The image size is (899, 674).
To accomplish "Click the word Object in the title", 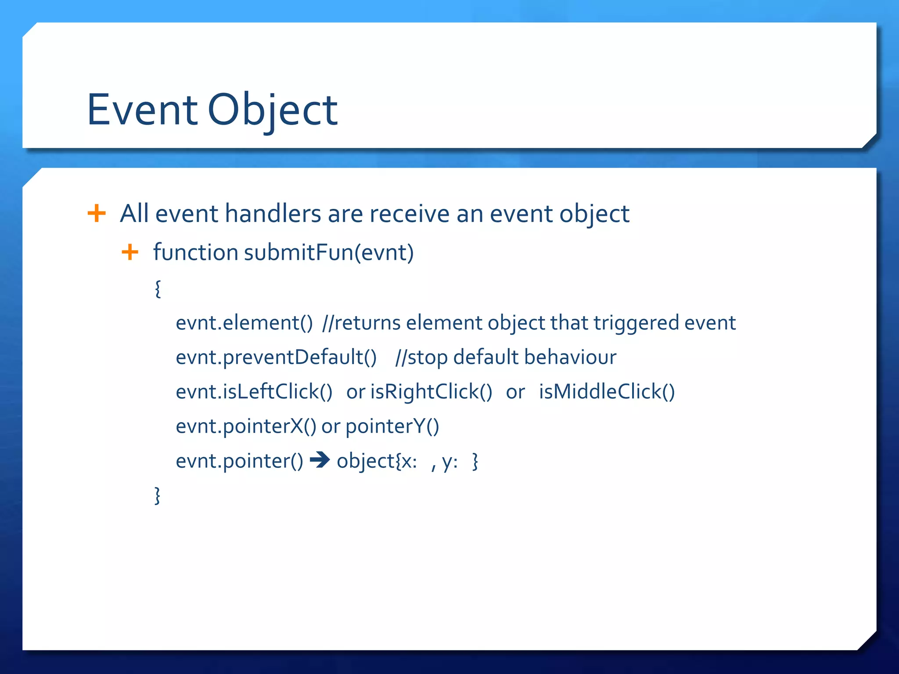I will coord(272,111).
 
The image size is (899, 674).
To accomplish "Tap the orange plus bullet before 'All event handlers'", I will coord(97,214).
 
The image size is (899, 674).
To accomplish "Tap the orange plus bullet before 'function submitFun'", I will coord(130,252).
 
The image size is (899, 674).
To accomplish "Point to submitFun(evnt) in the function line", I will coord(329,253).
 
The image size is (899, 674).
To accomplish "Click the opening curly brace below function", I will coord(158,289).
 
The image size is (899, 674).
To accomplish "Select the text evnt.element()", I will coord(244,323).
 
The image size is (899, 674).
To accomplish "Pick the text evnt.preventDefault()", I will coord(276,357).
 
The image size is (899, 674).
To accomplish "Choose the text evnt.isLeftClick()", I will coord(254,392).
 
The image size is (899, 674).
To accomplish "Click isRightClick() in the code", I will coord(431,392).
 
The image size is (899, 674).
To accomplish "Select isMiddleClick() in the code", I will coord(607,392).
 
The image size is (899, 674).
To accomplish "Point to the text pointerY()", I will coord(392,427).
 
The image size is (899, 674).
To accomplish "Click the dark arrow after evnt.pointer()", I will coord(320,460).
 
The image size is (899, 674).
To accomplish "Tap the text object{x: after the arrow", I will coord(377,461).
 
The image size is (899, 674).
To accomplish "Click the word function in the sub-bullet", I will coord(195,253).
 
